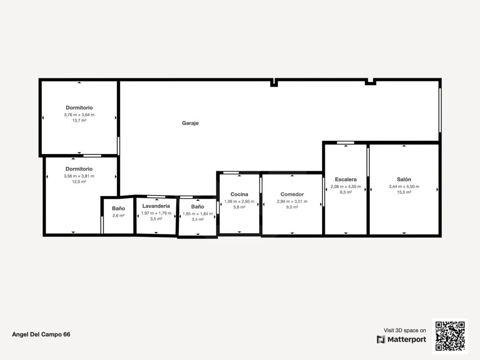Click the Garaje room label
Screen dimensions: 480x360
[190, 123]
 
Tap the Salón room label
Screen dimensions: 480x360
[404, 179]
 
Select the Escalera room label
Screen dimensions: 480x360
[346, 180]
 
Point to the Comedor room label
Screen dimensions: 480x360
[292, 194]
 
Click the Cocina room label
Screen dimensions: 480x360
[239, 194]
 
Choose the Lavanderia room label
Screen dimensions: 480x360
[156, 206]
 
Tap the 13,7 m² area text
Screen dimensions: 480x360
[79, 120]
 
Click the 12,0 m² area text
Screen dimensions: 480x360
[79, 182]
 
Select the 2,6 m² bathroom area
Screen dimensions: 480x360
[118, 216]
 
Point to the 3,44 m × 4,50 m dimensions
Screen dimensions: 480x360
[404, 186]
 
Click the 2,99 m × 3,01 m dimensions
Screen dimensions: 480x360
[292, 201]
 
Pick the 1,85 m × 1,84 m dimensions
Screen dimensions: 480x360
[198, 214]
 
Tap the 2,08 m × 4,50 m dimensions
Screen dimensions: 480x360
[346, 186]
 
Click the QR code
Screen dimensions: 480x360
[450, 336]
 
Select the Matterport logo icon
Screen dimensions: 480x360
[381, 340]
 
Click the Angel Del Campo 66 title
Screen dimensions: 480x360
[41, 334]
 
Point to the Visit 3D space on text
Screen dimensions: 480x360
[405, 330]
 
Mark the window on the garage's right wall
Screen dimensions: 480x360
[440, 110]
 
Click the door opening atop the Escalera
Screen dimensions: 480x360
[346, 143]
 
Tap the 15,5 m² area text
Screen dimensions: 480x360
[404, 192]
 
